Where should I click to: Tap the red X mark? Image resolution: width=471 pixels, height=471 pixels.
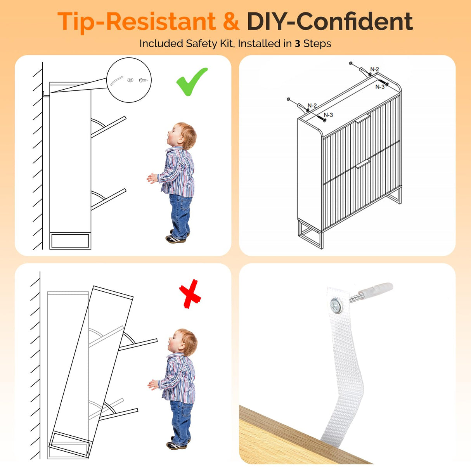point(190,294)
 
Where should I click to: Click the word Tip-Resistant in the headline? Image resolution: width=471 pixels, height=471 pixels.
point(137,23)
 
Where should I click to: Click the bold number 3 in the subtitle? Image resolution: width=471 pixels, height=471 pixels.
point(298,44)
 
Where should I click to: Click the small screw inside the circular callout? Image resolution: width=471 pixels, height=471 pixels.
point(143,80)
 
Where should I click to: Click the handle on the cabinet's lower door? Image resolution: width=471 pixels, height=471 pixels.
point(363,164)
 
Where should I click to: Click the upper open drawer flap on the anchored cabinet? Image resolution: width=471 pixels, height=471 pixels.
point(109,126)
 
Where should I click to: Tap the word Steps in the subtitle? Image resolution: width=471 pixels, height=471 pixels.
point(317,44)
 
